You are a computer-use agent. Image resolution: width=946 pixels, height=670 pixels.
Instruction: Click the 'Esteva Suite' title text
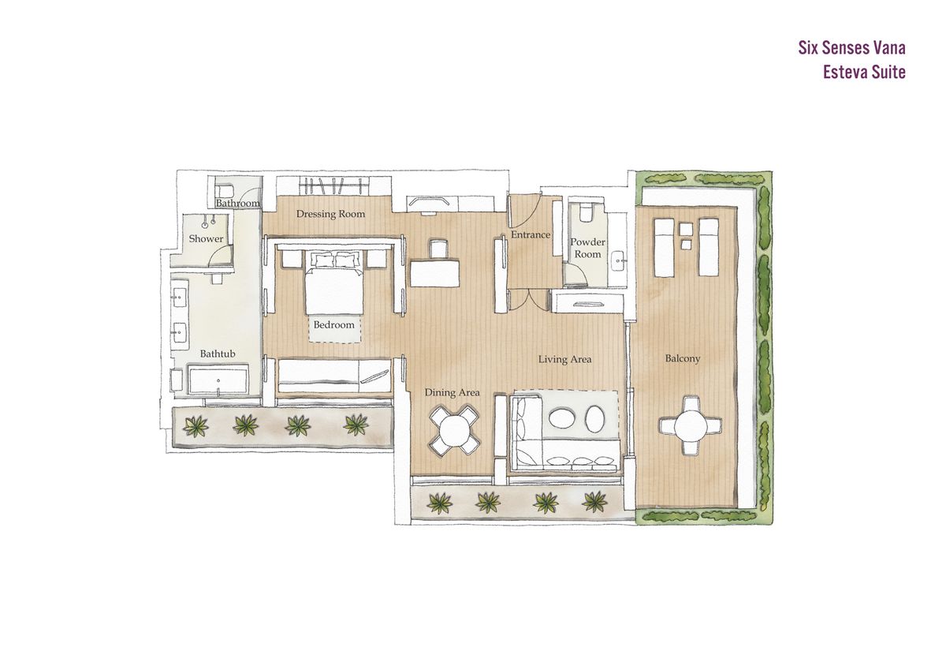point(864,73)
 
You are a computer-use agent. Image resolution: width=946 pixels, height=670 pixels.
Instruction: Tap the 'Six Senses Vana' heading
point(852,48)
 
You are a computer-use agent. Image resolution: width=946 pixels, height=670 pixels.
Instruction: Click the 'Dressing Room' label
point(330,214)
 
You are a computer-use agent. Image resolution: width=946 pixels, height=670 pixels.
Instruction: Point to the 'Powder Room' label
point(587,248)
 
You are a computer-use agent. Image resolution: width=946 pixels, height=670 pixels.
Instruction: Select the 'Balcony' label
point(683,359)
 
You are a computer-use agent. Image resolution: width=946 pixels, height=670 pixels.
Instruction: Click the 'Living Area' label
point(564,359)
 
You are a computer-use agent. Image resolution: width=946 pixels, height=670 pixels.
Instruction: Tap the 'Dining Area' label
point(452,393)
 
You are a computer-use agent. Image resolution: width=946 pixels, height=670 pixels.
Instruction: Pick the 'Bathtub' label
point(218,354)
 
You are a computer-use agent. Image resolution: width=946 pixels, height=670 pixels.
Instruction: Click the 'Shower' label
point(206,239)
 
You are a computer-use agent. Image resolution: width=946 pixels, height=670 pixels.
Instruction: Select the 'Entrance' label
point(531,234)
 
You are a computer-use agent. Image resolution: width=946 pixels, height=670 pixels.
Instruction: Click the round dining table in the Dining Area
point(454,432)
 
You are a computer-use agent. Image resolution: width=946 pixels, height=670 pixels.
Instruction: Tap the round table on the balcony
point(691,425)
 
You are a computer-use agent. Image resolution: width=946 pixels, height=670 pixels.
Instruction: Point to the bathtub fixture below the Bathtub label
point(218,380)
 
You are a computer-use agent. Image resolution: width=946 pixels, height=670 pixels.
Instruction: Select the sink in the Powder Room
point(619,262)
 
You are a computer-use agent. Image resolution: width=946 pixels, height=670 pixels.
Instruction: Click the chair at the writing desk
point(438,249)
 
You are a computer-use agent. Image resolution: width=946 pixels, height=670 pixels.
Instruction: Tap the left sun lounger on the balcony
point(664,247)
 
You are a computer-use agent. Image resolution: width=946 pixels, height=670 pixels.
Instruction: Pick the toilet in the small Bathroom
point(223,190)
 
